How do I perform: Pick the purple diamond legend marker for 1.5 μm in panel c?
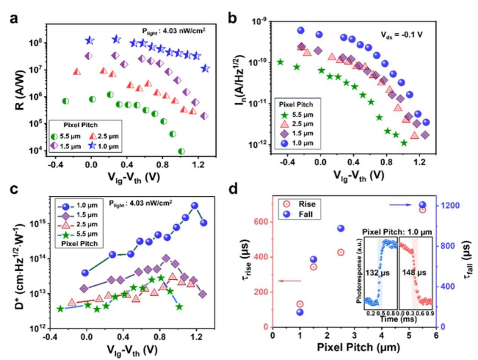[66, 215]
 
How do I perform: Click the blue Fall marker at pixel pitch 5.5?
[423, 205]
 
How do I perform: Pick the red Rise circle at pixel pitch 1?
[300, 304]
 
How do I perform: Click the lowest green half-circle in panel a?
[181, 151]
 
